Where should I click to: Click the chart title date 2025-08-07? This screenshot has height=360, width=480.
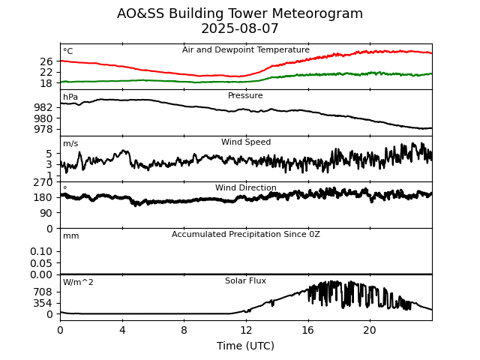click(240, 29)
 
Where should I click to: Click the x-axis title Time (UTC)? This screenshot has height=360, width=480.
click(245, 346)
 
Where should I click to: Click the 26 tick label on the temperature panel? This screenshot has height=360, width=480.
click(46, 61)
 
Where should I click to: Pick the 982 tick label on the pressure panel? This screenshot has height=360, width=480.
click(43, 107)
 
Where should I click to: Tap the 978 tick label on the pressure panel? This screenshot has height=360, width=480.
click(43, 129)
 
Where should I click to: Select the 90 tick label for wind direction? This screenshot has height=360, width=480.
click(46, 213)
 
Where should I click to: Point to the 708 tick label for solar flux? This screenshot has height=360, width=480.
click(43, 292)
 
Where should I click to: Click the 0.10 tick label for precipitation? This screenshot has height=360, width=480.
click(41, 251)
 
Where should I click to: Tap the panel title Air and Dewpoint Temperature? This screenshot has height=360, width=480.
click(245, 50)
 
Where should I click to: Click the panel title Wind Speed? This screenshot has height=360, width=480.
click(245, 142)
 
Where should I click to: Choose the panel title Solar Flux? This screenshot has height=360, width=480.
click(245, 281)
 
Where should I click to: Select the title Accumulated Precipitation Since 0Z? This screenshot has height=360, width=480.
click(245, 235)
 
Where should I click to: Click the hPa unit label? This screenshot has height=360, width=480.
click(70, 97)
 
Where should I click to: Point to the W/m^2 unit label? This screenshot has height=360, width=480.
click(78, 283)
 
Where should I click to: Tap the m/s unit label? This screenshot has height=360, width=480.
click(70, 144)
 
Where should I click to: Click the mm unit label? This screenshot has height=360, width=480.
click(70, 236)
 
